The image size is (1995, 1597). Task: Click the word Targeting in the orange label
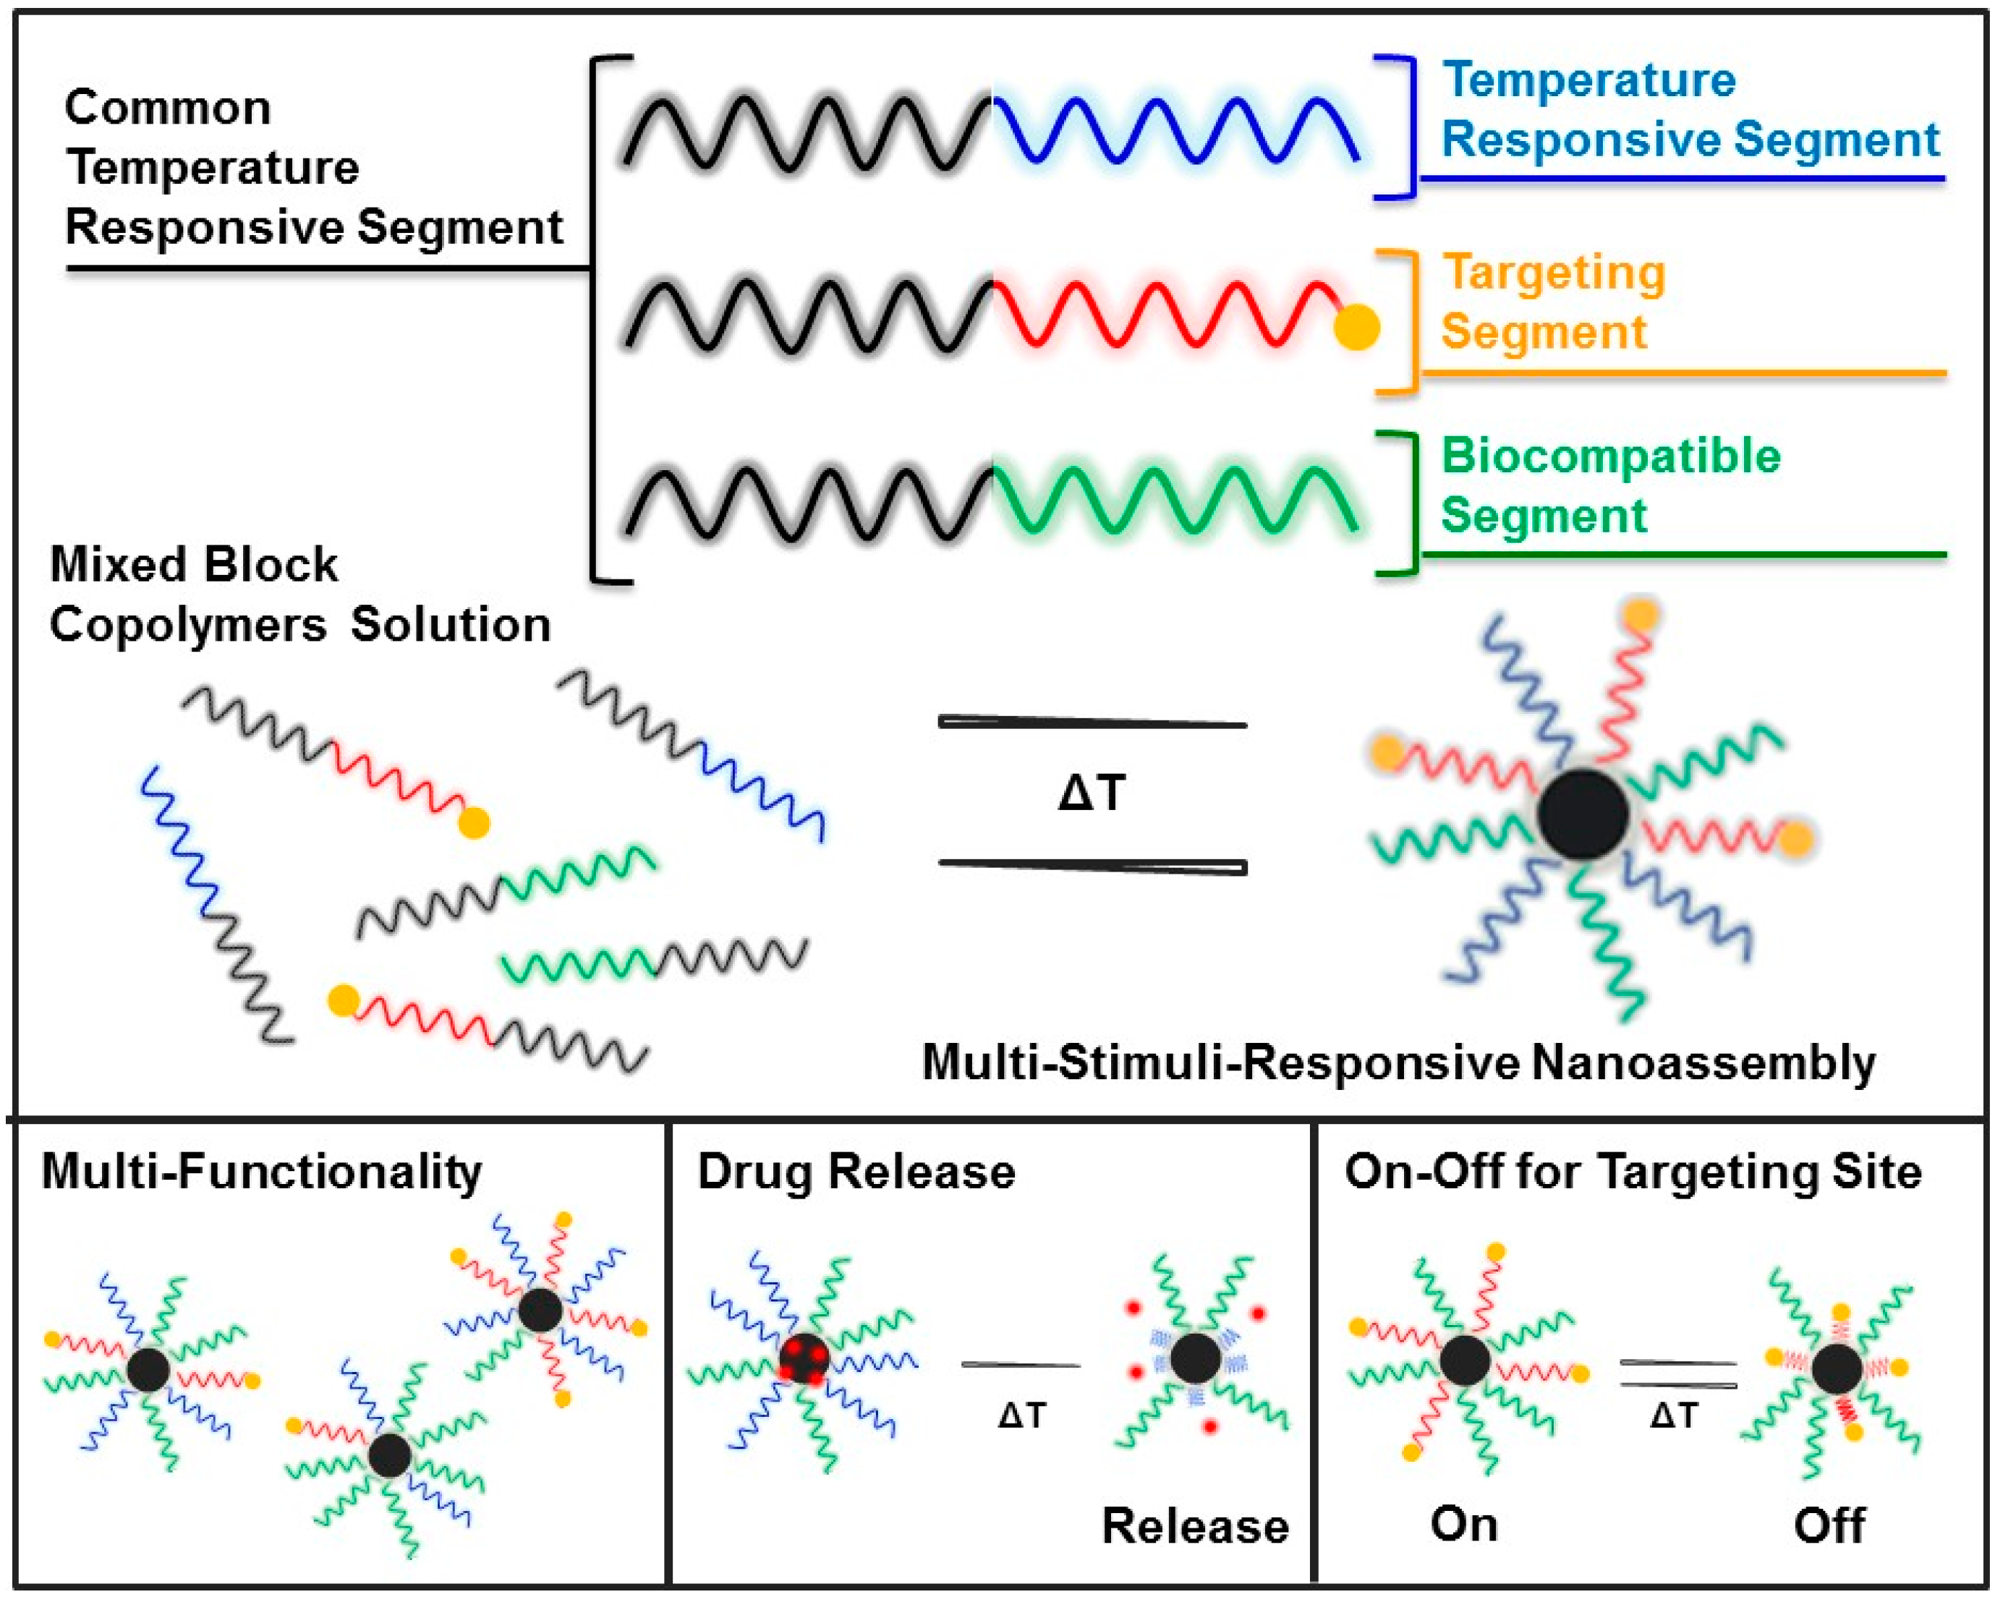1554,274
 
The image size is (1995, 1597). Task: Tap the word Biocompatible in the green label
1610,456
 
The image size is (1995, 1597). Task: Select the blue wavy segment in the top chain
1175,129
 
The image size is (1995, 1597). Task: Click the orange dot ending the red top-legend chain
1356,328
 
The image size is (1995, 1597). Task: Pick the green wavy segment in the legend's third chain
1175,500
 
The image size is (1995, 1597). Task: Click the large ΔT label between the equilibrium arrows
1092,793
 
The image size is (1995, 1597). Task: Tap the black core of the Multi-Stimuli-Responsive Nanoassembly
1582,814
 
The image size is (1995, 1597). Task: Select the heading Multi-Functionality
262,1172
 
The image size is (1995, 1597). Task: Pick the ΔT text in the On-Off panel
1673,1415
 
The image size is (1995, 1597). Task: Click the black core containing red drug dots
803,1358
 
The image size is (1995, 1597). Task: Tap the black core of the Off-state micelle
1837,1369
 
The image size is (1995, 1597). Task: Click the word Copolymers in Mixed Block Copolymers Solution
188,626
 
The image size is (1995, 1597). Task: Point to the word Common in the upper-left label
168,108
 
